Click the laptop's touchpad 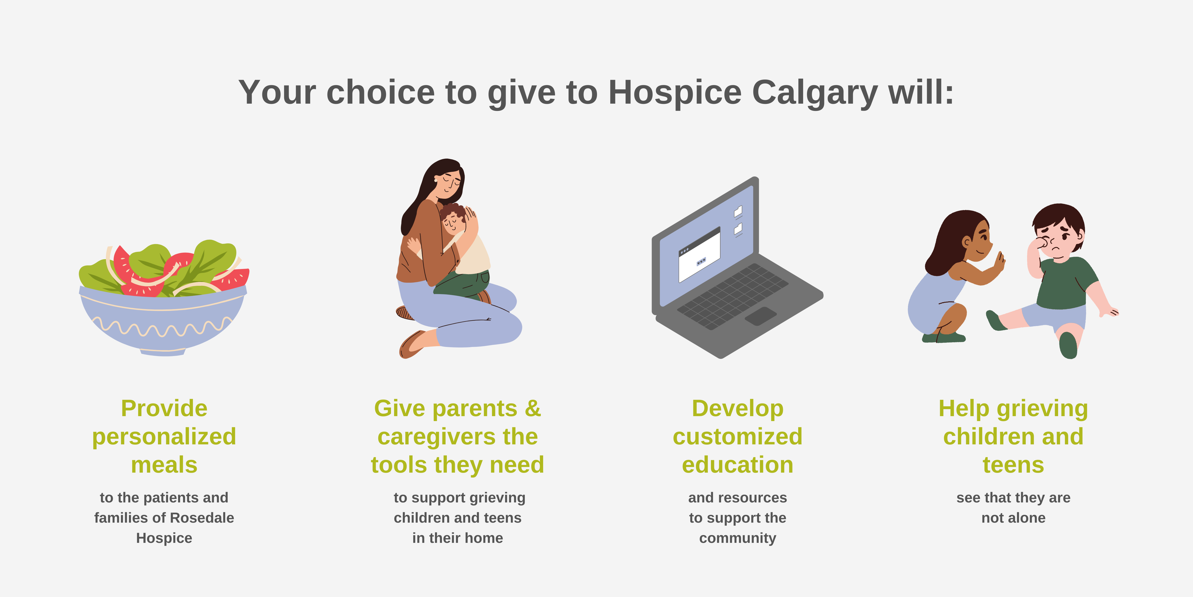760,316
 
